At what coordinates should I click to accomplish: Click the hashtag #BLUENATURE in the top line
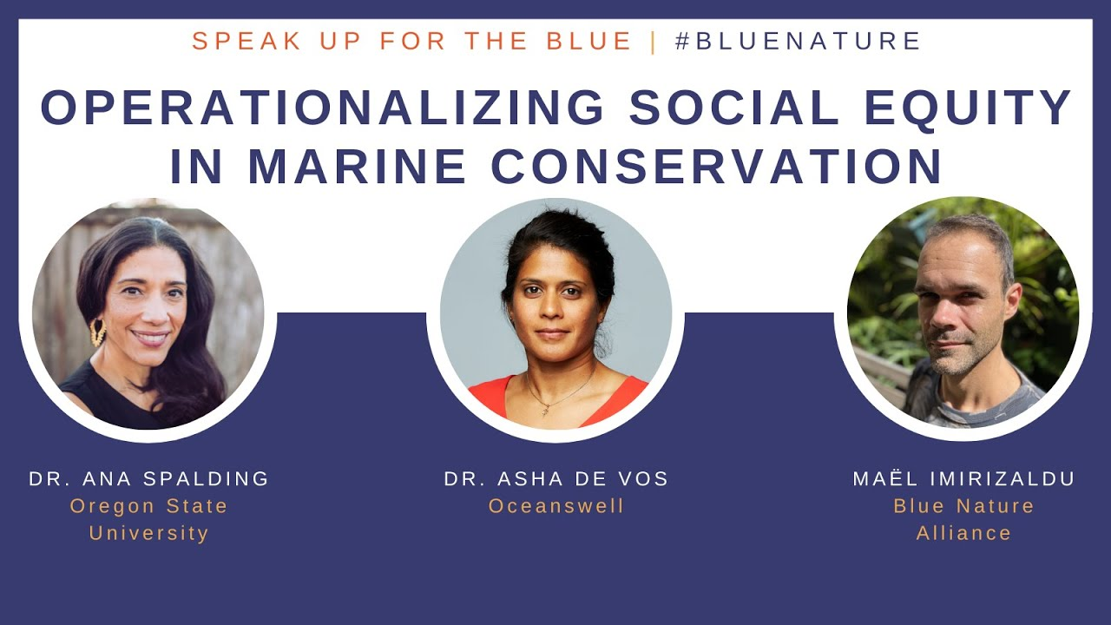pyautogui.click(x=798, y=41)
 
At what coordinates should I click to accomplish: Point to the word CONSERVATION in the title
pyautogui.click(x=717, y=167)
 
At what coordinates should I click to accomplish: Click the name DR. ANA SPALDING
pyautogui.click(x=149, y=478)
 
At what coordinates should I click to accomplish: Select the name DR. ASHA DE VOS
pyautogui.click(x=556, y=478)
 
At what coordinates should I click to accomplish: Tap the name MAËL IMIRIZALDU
pyautogui.click(x=963, y=478)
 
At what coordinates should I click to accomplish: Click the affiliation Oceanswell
pyautogui.click(x=556, y=506)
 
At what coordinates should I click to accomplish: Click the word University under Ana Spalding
pyautogui.click(x=149, y=533)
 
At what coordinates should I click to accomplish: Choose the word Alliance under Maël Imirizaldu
pyautogui.click(x=963, y=533)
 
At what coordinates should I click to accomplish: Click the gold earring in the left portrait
pyautogui.click(x=97, y=332)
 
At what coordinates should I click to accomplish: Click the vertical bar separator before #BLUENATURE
pyautogui.click(x=654, y=41)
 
